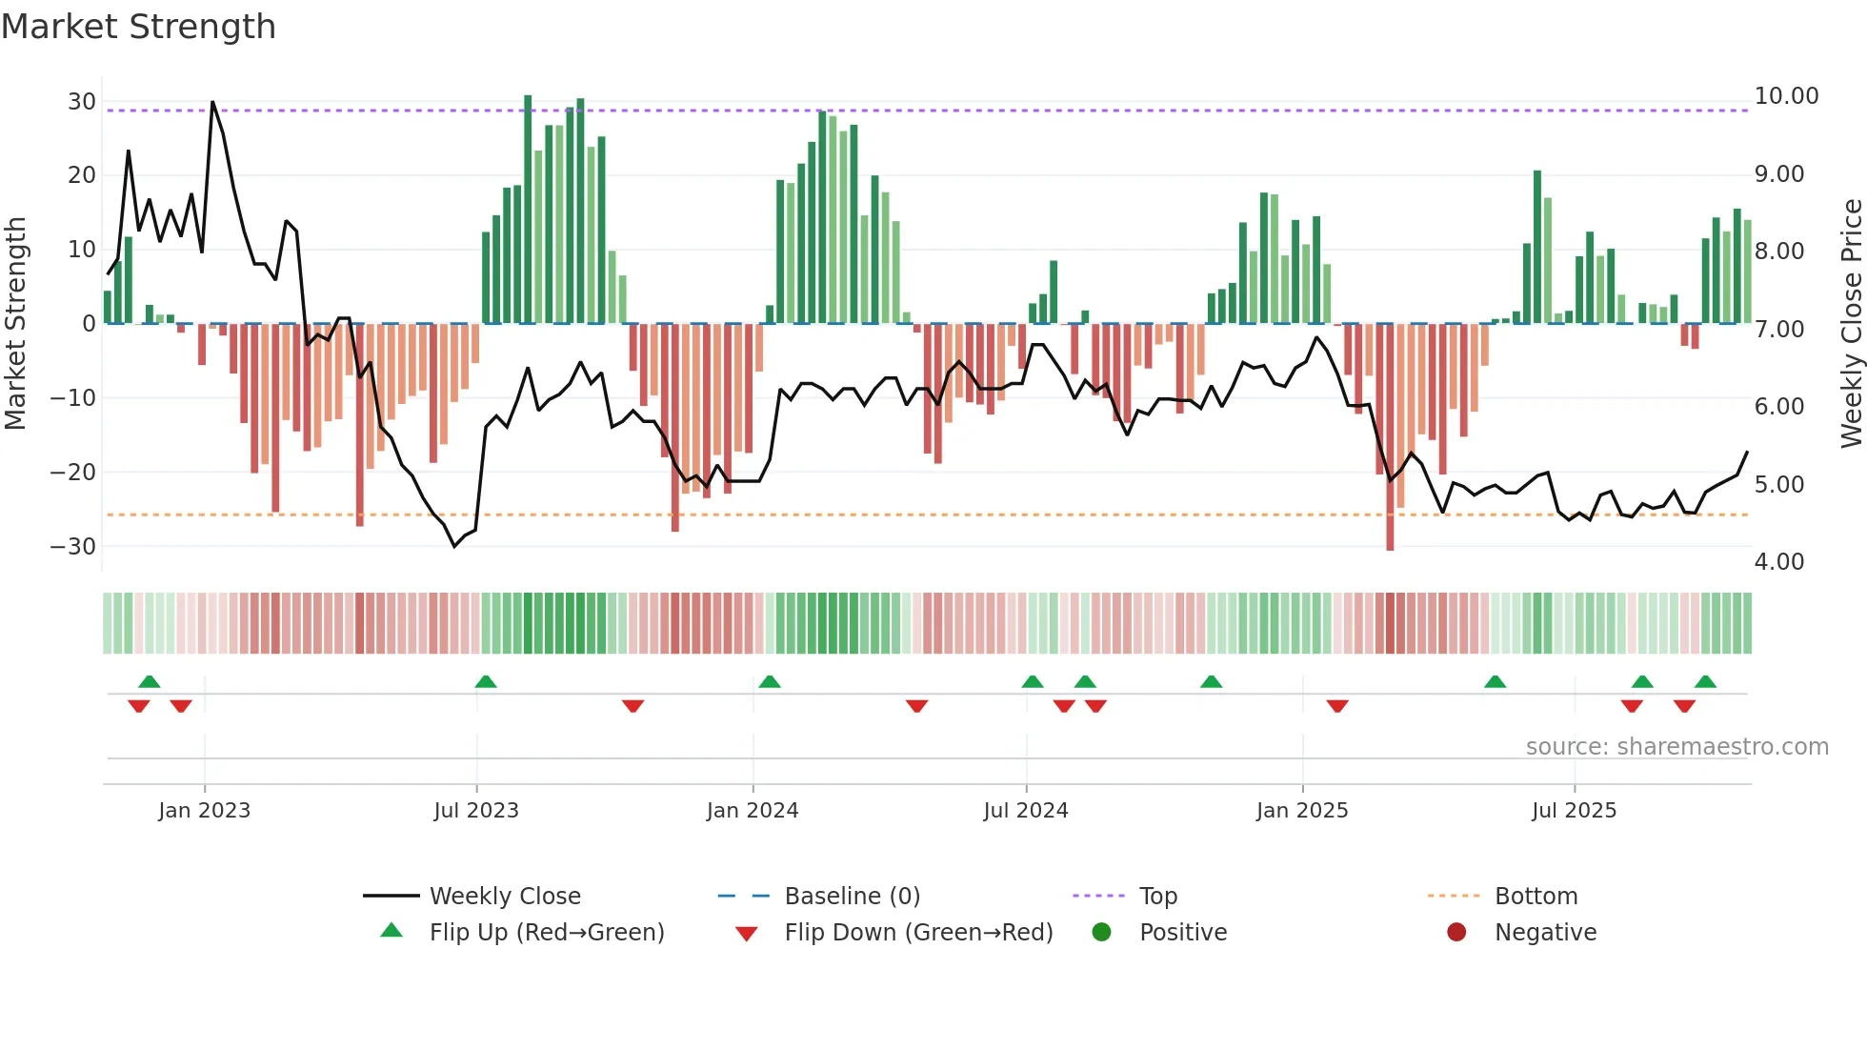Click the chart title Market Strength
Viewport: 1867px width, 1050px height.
point(138,27)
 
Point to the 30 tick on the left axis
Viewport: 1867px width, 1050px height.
point(82,102)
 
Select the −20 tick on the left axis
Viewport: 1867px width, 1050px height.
point(72,472)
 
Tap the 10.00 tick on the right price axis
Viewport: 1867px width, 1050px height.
point(1786,96)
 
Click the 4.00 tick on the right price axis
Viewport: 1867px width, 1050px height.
point(1778,562)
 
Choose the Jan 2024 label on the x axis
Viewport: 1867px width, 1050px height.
point(752,811)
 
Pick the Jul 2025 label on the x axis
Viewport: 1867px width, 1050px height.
point(1574,811)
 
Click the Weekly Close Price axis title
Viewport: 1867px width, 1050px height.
point(1851,323)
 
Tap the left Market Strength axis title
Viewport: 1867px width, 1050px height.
point(15,323)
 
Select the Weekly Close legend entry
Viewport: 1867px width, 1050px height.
point(504,897)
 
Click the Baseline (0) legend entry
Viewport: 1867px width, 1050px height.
point(852,897)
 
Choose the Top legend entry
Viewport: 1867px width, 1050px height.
point(1157,897)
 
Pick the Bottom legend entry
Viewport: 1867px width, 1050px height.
point(1536,897)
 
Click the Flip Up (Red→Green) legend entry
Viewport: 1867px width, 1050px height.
point(546,933)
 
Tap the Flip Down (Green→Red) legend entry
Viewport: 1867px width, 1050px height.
point(918,933)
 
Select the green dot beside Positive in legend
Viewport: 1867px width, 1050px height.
point(1101,933)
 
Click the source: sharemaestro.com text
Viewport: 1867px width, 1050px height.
point(1676,747)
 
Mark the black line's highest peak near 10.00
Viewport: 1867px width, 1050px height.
point(212,102)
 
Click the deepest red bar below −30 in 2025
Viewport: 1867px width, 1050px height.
point(1390,534)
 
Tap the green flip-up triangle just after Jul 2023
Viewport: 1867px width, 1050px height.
point(486,681)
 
